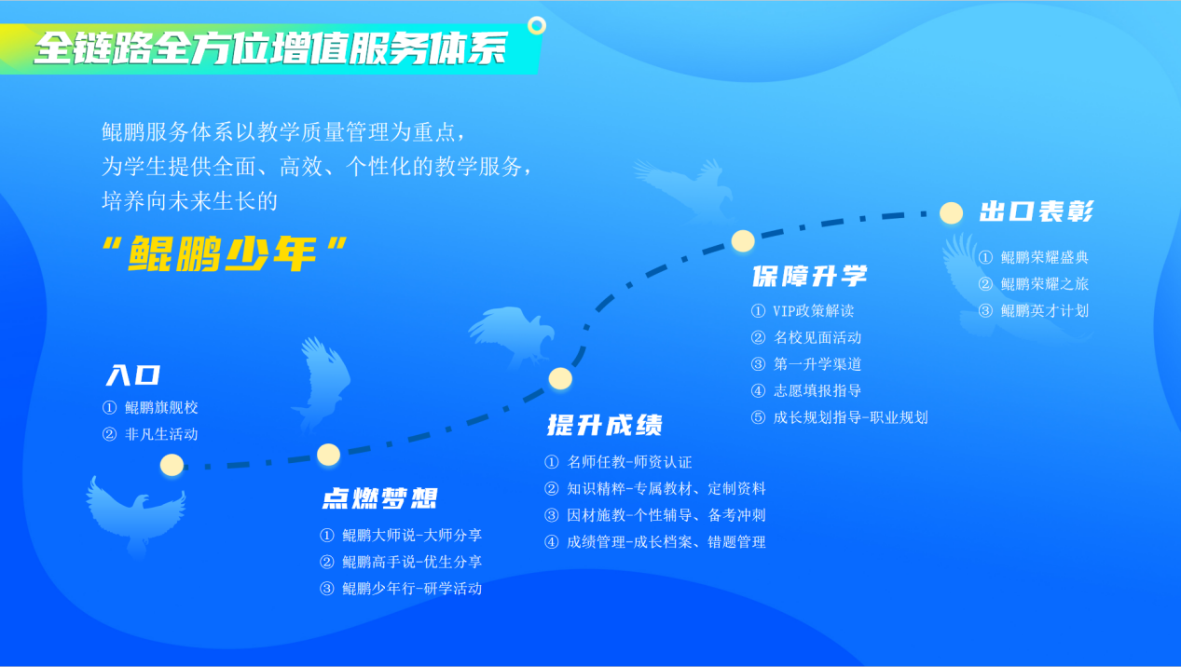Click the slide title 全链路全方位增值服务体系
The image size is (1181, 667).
tap(270, 48)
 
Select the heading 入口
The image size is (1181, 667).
tap(133, 375)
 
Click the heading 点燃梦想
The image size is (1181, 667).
tap(379, 498)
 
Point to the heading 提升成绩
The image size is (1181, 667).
tap(605, 425)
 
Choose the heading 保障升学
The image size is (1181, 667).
tap(810, 276)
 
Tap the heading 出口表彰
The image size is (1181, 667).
tap(1037, 211)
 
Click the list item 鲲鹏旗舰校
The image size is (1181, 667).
tap(161, 407)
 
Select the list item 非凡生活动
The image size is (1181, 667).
tap(161, 434)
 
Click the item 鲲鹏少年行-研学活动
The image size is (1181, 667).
tap(412, 589)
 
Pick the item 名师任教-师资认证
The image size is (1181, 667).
tap(629, 462)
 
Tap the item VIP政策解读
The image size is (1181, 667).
tap(814, 311)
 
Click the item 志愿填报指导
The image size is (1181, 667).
tap(817, 390)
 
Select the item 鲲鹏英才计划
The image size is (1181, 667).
tap(1045, 311)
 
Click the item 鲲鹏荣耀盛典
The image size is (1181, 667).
tap(1045, 257)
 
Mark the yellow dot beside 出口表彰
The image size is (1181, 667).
tap(951, 213)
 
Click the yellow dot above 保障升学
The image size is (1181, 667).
tap(743, 240)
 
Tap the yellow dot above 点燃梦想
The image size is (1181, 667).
tap(328, 455)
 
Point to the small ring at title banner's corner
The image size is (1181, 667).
tap(537, 25)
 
